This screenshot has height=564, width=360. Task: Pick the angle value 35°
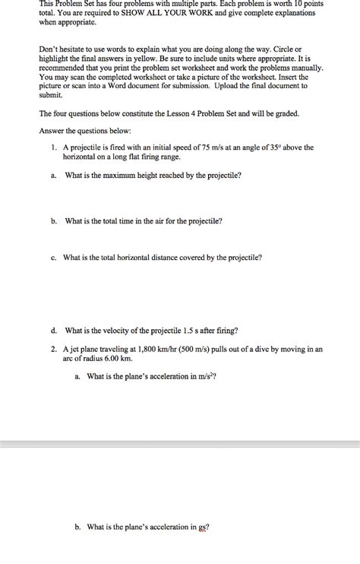[x=278, y=147]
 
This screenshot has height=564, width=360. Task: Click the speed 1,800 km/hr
[x=153, y=349]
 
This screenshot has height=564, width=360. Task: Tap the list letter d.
[x=55, y=331]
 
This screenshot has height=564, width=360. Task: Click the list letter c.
[x=54, y=258]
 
